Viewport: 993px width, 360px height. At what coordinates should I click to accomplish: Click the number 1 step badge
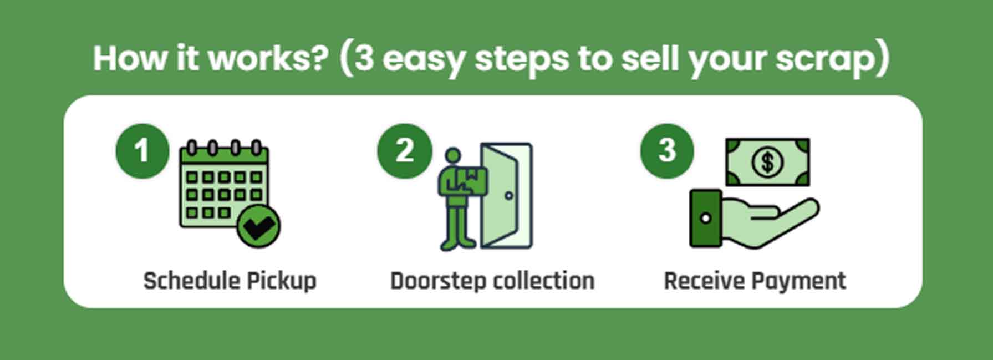coord(142,151)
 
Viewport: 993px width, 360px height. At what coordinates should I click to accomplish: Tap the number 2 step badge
coord(404,151)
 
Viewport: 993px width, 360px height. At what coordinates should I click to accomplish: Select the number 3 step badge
coord(666,151)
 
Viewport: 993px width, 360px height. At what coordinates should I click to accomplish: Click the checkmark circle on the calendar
coord(258,226)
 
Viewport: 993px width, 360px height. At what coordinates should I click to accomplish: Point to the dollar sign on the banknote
coord(767,162)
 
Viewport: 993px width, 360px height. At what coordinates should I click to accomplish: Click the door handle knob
coord(509,195)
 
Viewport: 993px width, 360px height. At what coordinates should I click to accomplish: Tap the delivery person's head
coord(453,156)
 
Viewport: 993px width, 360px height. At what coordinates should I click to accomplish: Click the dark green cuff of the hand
coord(706,218)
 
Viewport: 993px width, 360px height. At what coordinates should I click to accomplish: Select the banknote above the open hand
coord(767,162)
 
